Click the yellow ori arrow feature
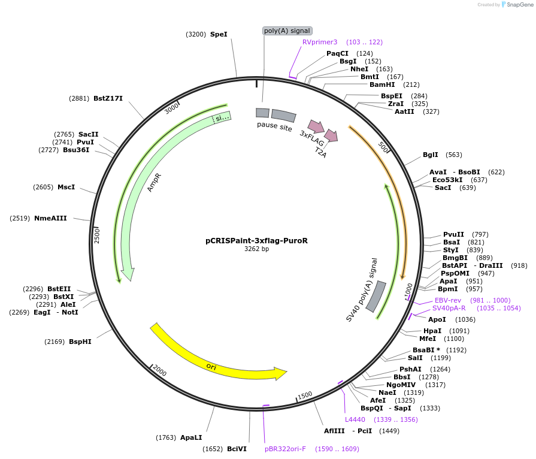click(x=216, y=359)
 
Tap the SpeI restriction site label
click(x=219, y=34)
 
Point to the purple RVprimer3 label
click(x=320, y=42)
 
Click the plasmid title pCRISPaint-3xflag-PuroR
click(x=256, y=240)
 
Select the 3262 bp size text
click(x=256, y=249)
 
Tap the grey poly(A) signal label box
click(x=287, y=31)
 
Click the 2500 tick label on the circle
click(x=97, y=235)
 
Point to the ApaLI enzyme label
click(x=191, y=437)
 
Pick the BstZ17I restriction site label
click(x=108, y=98)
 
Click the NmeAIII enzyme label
click(x=50, y=218)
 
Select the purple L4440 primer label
click(x=355, y=419)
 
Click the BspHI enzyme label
click(x=80, y=342)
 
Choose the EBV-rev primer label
click(x=447, y=300)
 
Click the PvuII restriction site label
click(x=453, y=234)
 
